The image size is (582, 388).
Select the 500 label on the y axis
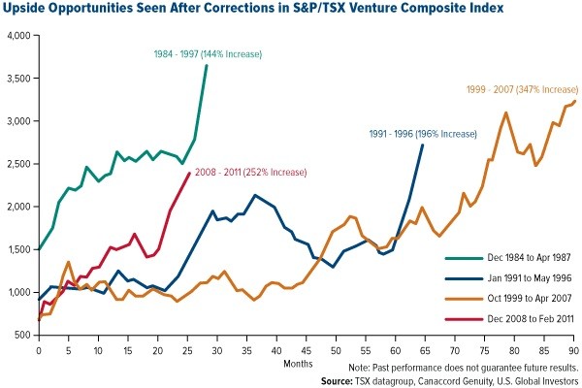click(x=24, y=335)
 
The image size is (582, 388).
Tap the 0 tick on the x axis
click(x=39, y=345)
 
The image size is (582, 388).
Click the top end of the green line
click(x=206, y=66)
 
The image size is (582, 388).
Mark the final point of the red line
click(x=188, y=174)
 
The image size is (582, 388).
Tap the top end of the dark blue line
click(x=422, y=145)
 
